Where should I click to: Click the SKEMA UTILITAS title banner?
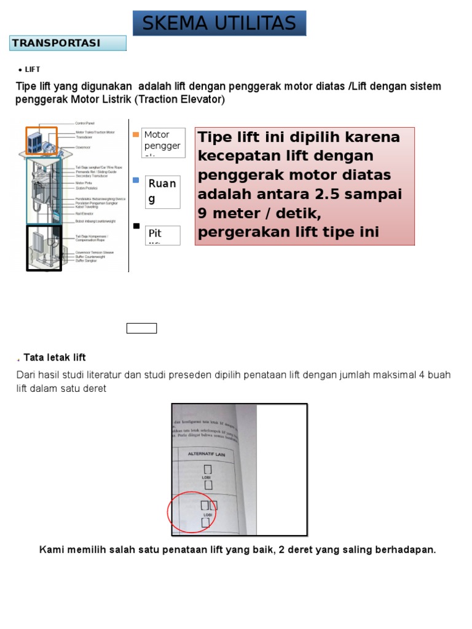219,23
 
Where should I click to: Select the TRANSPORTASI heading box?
68,43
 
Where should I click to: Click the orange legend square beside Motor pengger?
136,135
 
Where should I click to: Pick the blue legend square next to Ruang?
136,180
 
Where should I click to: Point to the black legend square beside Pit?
136,226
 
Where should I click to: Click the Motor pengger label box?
163,143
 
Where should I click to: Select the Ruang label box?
163,191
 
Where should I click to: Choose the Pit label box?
163,235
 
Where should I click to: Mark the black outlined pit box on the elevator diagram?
43,247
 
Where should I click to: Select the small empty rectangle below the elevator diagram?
141,328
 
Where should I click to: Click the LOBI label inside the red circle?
208,515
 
